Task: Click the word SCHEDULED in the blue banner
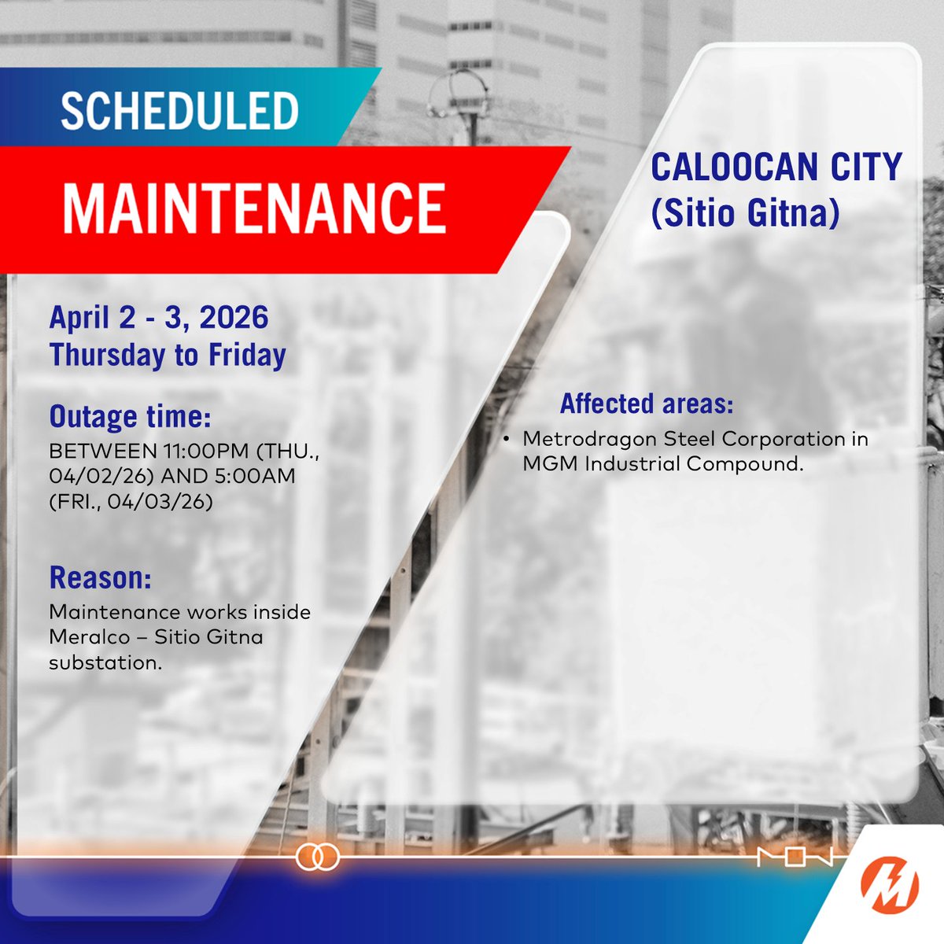[x=179, y=112]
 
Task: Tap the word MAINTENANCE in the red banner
[x=254, y=208]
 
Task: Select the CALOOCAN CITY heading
[x=776, y=168]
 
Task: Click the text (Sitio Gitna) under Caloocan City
[x=745, y=212]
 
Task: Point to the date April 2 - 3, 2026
[x=159, y=318]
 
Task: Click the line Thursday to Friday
[x=168, y=355]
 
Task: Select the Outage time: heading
[x=130, y=416]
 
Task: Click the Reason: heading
[x=100, y=578]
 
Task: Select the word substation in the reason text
[x=105, y=662]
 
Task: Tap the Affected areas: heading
[x=647, y=404]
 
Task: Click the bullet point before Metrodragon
[x=507, y=438]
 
